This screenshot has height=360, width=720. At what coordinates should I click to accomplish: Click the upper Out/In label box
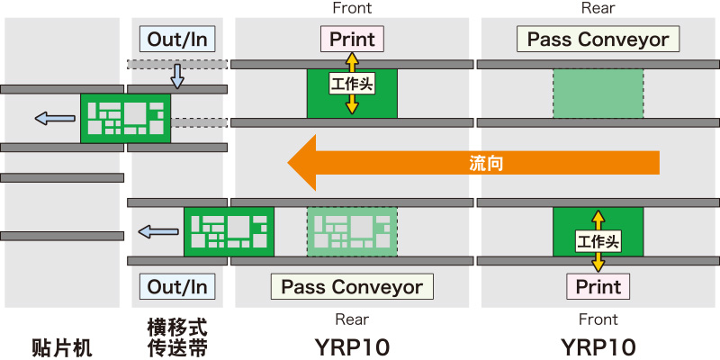[177, 39]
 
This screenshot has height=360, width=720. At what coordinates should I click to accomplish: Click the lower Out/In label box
[177, 287]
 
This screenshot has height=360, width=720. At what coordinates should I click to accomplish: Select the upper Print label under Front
[352, 39]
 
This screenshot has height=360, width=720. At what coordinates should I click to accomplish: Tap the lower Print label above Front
[598, 287]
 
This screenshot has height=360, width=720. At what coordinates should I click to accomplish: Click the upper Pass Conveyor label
[598, 39]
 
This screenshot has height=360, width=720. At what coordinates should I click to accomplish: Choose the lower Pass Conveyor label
[352, 287]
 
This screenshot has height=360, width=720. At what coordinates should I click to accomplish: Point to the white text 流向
[486, 163]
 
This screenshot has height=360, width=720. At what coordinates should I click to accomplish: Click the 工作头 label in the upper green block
[352, 84]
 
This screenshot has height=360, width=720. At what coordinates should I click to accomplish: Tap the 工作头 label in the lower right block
[598, 240]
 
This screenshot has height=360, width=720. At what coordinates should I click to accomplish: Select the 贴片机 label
[62, 347]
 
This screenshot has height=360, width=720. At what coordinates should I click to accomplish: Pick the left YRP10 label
[352, 347]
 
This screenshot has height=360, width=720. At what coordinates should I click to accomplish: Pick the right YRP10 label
[598, 347]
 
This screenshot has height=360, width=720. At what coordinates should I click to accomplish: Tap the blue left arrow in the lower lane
[157, 232]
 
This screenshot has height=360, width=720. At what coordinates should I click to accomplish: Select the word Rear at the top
[598, 8]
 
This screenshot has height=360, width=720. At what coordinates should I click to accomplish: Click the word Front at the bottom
[598, 319]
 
